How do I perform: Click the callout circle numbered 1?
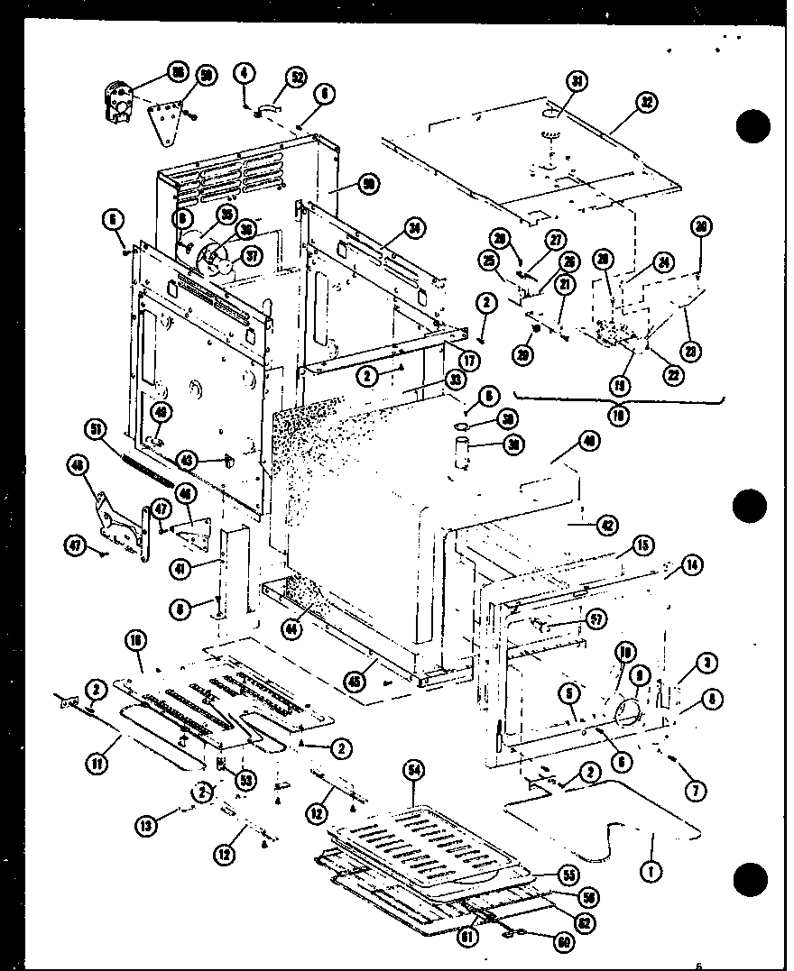[x=648, y=872]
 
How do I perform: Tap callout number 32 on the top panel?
[x=646, y=102]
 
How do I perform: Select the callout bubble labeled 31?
[x=576, y=81]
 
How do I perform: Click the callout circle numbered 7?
[x=696, y=791]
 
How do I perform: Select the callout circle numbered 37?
[x=252, y=256]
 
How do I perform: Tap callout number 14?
[x=692, y=566]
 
